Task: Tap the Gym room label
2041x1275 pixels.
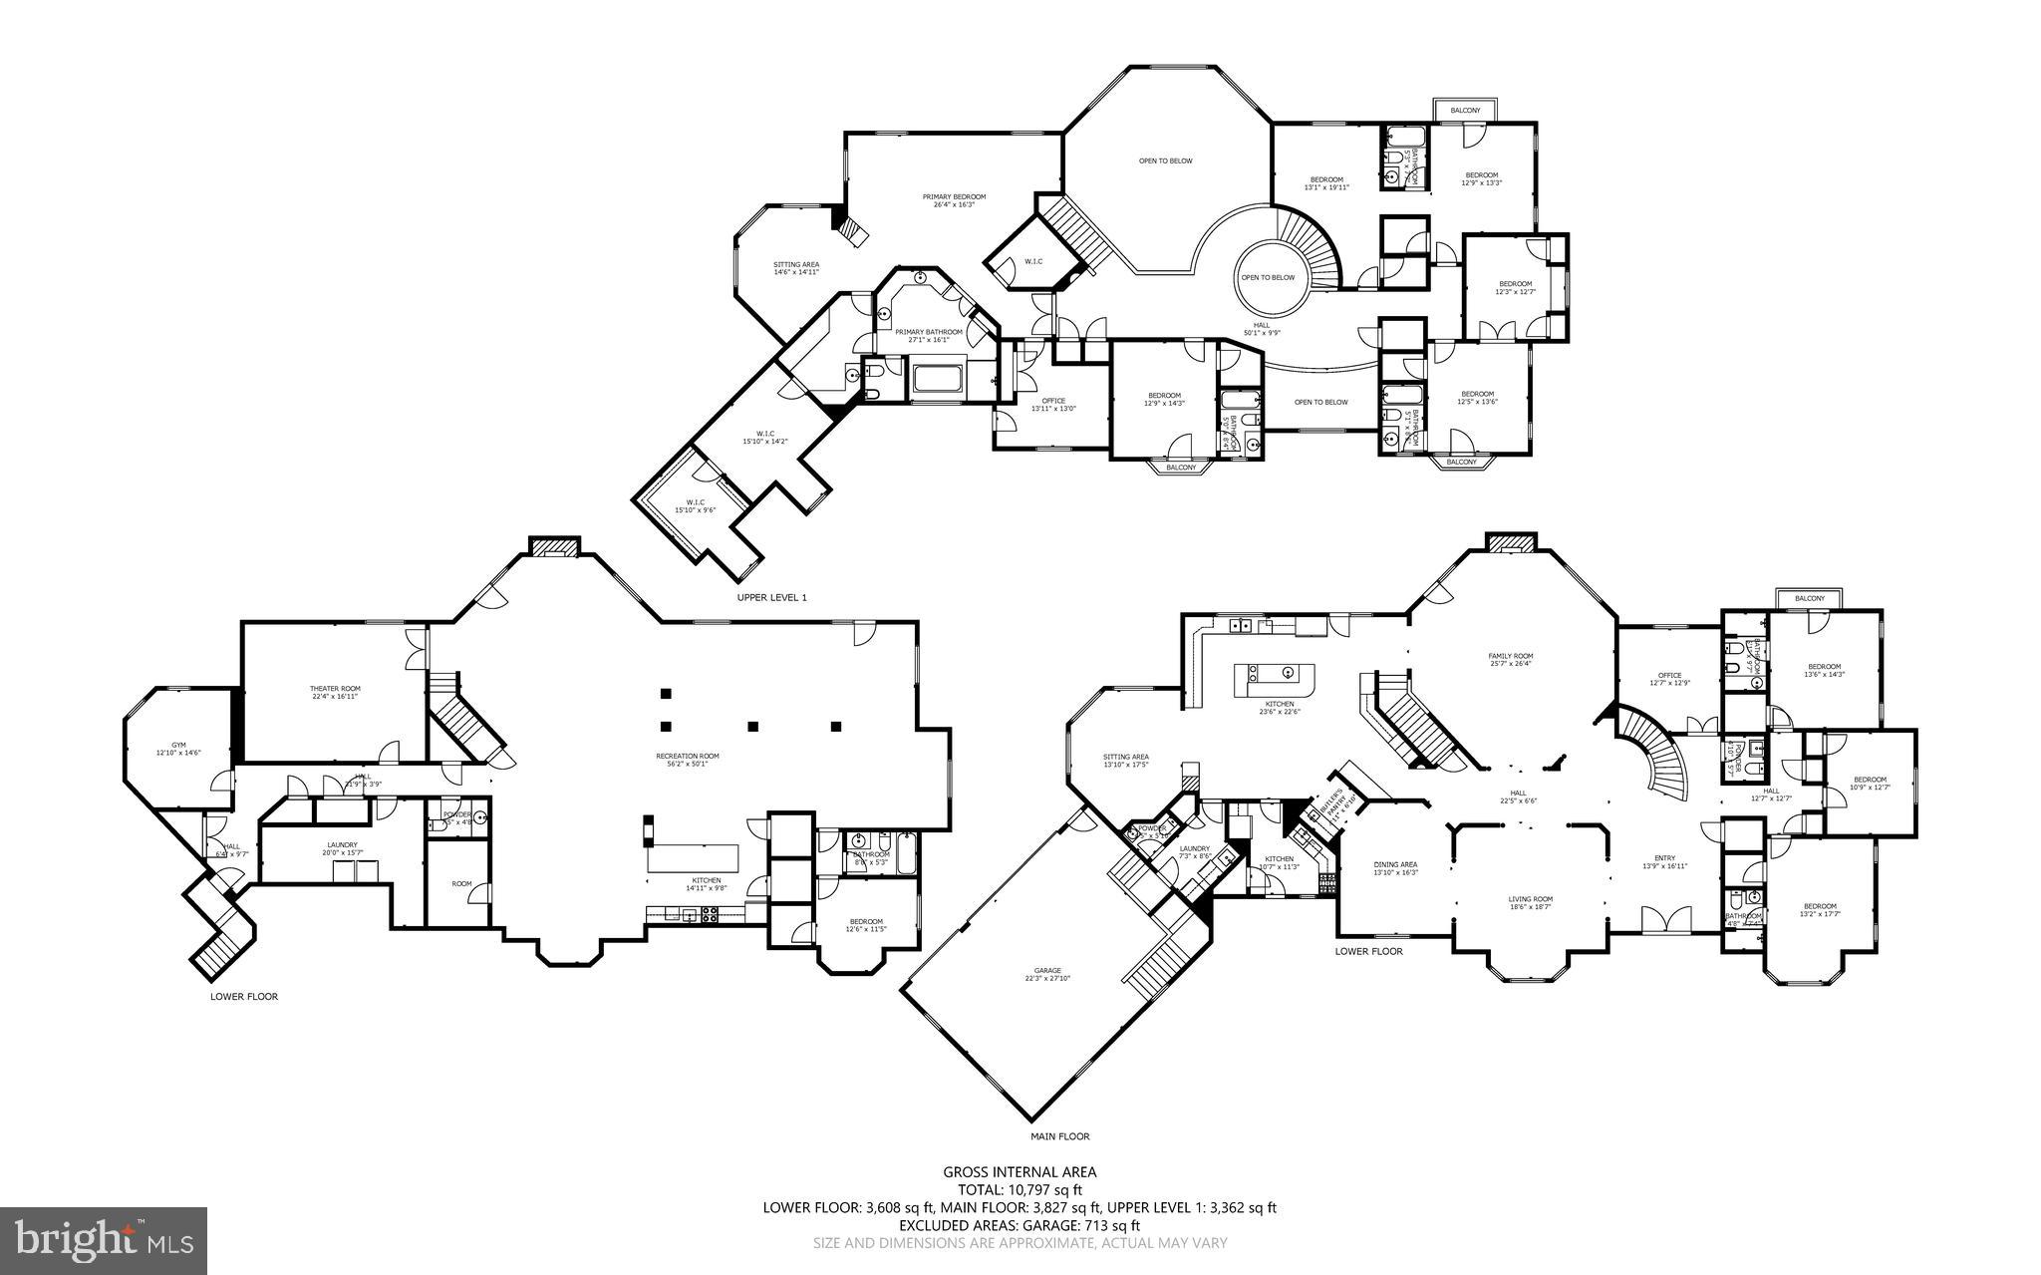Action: coord(179,749)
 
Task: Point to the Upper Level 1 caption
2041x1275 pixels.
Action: coord(771,597)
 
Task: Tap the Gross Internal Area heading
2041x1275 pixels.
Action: coord(1020,1172)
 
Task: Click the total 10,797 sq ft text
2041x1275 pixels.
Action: coord(1020,1189)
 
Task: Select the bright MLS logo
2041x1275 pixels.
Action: coord(104,1240)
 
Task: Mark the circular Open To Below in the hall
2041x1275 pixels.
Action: coord(1268,277)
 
